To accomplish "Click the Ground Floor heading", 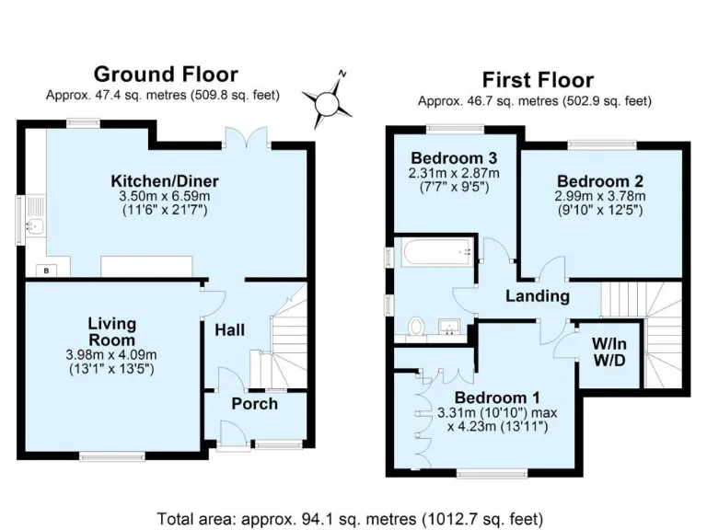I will click(166, 75).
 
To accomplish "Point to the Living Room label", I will click(111, 331).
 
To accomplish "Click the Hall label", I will click(228, 329).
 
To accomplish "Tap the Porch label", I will click(254, 404).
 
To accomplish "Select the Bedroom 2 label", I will click(599, 180).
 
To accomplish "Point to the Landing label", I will click(538, 296).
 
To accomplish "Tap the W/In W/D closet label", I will click(608, 351).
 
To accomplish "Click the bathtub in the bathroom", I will click(434, 251).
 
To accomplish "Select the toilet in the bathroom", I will click(415, 325).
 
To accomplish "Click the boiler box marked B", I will click(45, 270).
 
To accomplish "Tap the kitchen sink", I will click(35, 224).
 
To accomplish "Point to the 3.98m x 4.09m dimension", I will click(111, 355).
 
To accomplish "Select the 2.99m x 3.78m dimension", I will click(599, 196).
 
